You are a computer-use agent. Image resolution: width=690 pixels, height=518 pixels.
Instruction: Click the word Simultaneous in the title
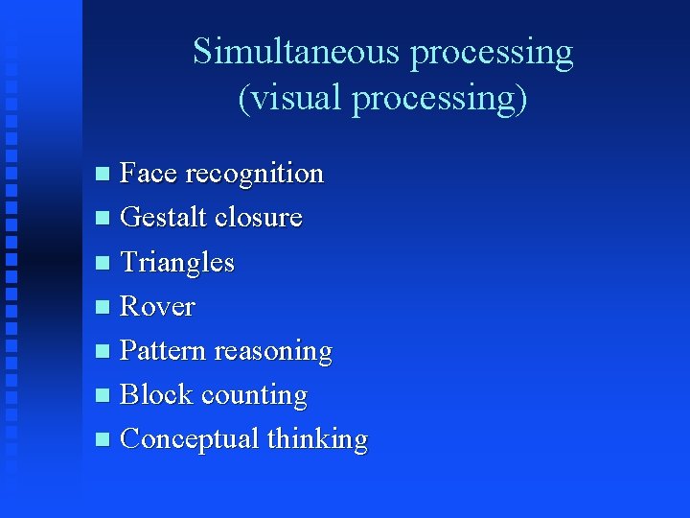(x=297, y=52)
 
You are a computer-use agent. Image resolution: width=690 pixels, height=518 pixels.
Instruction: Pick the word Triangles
(x=177, y=263)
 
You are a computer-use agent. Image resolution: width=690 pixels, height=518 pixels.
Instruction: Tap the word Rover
(x=157, y=307)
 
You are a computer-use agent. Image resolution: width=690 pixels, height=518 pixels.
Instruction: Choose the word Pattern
(x=163, y=351)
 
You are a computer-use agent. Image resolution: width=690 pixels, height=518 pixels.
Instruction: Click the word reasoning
(x=273, y=352)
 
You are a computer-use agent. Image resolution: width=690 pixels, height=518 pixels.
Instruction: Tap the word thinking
(x=317, y=439)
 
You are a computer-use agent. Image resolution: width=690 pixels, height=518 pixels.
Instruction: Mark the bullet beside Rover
(x=103, y=307)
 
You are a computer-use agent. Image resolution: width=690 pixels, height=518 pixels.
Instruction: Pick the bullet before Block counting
(x=103, y=395)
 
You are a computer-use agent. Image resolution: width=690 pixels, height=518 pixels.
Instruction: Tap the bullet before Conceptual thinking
(x=103, y=439)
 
